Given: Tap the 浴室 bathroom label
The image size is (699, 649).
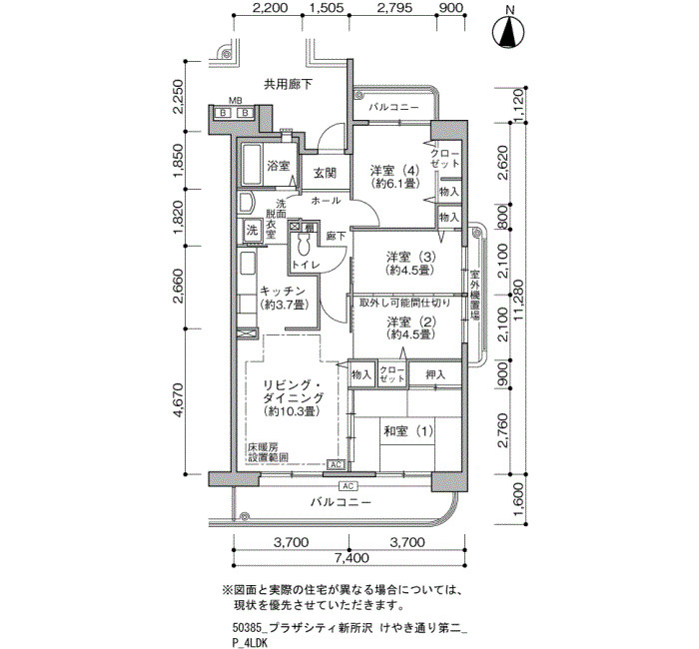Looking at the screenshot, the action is tap(279, 166).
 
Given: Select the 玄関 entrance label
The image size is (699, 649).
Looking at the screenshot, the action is tap(325, 173).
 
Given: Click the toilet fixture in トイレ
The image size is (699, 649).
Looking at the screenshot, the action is tap(304, 244).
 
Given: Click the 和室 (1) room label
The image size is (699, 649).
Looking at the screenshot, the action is tap(408, 431).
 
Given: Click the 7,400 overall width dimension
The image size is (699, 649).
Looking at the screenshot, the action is tap(349, 557).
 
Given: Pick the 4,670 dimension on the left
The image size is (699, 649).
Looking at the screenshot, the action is tap(178, 400).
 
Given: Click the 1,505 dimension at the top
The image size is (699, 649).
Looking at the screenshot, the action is tap(325, 8).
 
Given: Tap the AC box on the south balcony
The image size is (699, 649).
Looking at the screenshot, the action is tap(348, 486).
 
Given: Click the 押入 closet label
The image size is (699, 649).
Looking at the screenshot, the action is tap(435, 374).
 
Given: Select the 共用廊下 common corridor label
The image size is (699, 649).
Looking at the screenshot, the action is tap(288, 84).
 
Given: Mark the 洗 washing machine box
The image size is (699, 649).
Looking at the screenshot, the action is tap(253, 231).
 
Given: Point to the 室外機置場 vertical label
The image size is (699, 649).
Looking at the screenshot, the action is tap(474, 296).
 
